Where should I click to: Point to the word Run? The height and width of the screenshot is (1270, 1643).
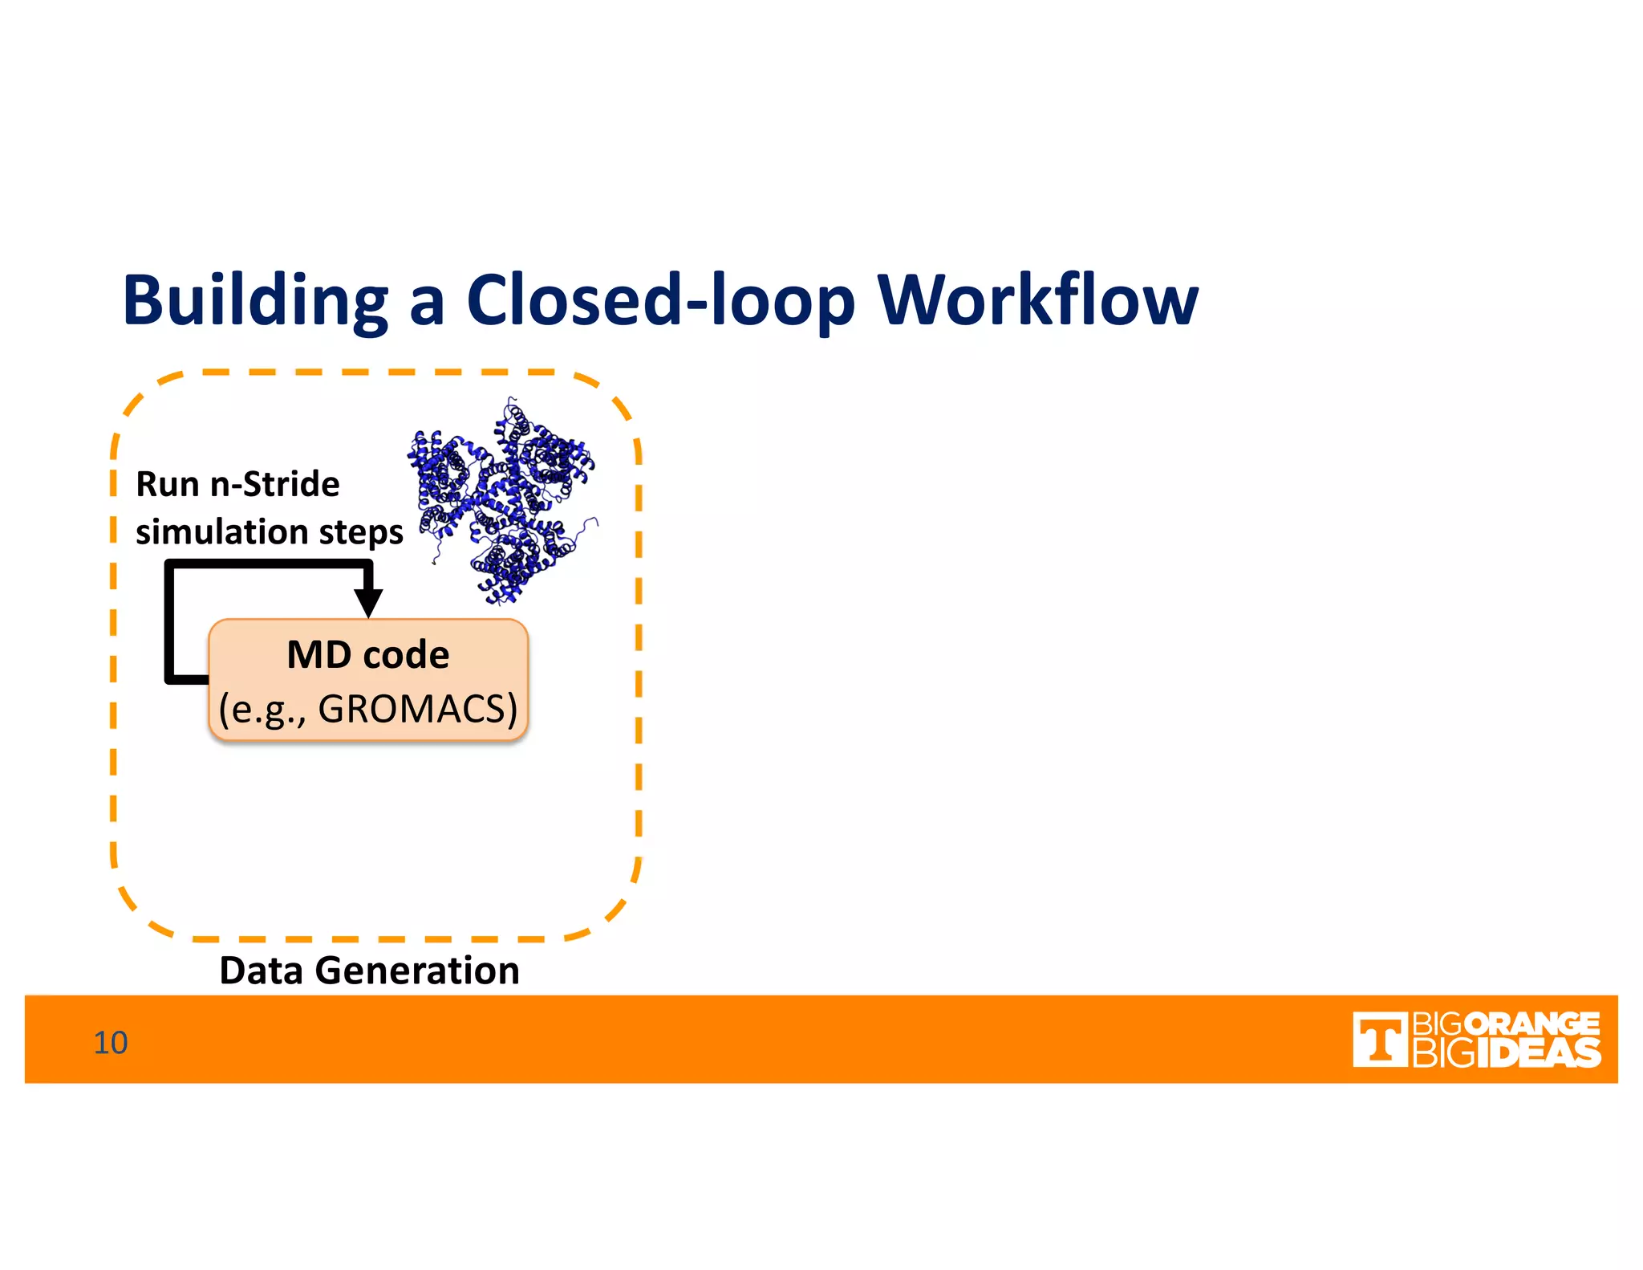[x=167, y=485]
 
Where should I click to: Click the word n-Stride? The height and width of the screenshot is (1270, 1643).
[x=274, y=485]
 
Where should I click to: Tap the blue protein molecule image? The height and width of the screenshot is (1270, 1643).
[x=504, y=502]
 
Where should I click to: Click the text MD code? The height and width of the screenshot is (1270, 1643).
[x=368, y=655]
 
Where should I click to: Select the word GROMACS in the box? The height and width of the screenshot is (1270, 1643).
[x=417, y=709]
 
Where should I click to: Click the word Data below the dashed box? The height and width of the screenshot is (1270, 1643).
[x=262, y=971]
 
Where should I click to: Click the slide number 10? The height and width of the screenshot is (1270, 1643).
[x=111, y=1043]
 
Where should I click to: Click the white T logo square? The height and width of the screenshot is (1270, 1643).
[x=1380, y=1040]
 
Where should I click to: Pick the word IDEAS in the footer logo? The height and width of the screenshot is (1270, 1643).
[x=1538, y=1053]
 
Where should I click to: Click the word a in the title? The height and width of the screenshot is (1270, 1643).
[x=426, y=302]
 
